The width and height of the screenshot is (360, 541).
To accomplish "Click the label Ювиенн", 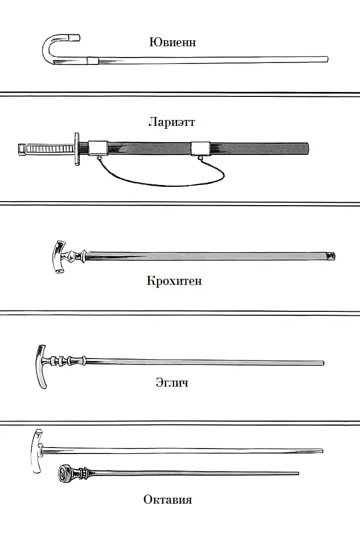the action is (173, 42).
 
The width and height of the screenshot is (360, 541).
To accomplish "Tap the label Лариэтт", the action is (172, 122).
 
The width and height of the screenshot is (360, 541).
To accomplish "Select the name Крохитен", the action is (174, 280).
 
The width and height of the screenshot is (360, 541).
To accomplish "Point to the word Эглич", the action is (172, 382).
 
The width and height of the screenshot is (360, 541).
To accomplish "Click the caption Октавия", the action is (168, 499).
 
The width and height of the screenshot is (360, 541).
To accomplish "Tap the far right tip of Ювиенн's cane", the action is (327, 59).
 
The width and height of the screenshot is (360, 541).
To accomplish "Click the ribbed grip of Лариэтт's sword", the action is (49, 149).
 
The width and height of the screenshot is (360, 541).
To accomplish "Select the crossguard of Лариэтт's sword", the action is (77, 149).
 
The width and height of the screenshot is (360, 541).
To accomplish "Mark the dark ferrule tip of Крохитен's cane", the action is (330, 256).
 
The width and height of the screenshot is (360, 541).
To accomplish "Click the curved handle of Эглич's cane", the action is (41, 366).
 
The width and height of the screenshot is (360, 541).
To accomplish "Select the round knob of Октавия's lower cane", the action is (64, 473).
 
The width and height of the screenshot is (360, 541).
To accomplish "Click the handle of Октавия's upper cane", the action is (37, 451).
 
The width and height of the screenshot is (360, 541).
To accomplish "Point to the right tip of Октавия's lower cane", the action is (298, 473).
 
